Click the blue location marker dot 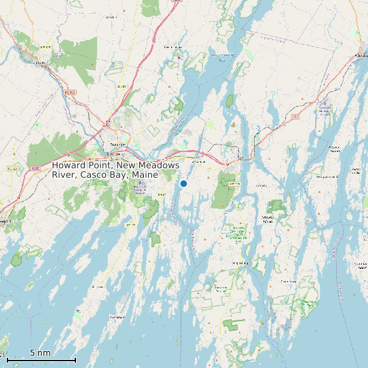pos(183,183)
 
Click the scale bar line pos(41,359)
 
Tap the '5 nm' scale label pos(40,352)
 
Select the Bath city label pos(240,158)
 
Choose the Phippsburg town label pos(240,263)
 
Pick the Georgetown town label pos(289,280)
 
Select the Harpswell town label pos(96,288)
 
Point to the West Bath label pos(199,162)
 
